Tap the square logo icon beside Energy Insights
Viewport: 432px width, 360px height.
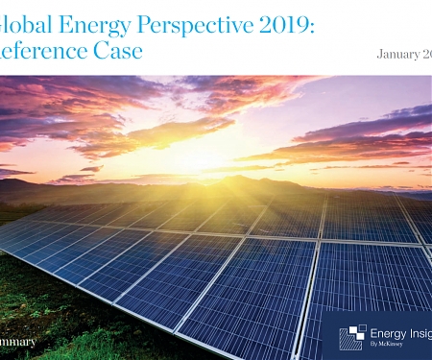(x=352, y=337)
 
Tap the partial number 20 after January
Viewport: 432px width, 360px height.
(x=425, y=54)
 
